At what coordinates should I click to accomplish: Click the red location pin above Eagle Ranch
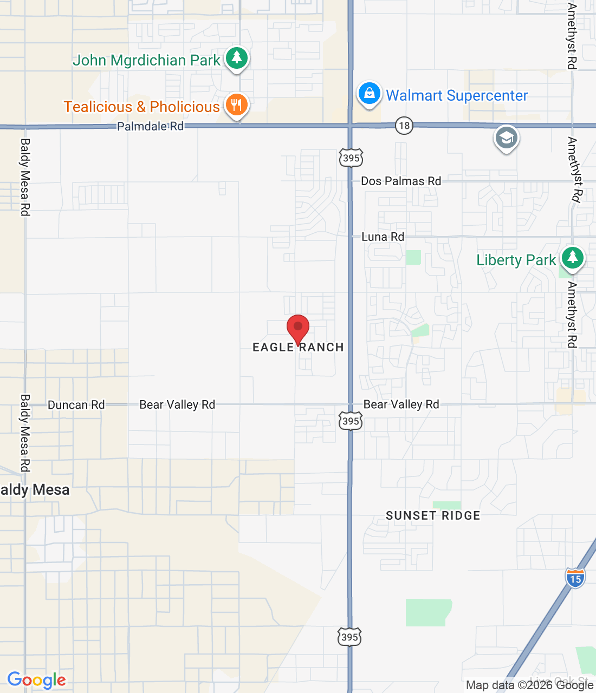click(x=297, y=328)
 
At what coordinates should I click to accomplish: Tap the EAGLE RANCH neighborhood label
click(x=298, y=348)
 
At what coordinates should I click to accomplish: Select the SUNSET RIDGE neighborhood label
click(x=433, y=515)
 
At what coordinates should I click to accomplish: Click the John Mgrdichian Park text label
click(x=146, y=60)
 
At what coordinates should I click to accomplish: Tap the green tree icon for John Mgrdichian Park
click(x=236, y=57)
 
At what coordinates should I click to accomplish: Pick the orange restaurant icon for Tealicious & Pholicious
click(x=236, y=104)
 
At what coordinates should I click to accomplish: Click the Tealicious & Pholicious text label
click(x=141, y=107)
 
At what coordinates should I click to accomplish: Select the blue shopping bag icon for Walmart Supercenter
click(x=369, y=94)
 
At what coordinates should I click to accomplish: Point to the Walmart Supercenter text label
click(x=457, y=96)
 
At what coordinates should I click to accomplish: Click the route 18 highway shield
click(x=404, y=126)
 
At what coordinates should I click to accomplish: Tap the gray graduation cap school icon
click(x=506, y=138)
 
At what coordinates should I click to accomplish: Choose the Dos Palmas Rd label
click(x=401, y=181)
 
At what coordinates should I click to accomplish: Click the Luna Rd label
click(x=383, y=237)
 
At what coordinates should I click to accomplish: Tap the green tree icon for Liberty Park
click(x=572, y=258)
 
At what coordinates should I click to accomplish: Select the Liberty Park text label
click(x=516, y=260)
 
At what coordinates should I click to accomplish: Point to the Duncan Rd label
click(x=76, y=405)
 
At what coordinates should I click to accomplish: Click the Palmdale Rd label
click(x=151, y=127)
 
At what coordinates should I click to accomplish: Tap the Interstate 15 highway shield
click(x=575, y=578)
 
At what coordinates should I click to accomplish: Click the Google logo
click(x=36, y=680)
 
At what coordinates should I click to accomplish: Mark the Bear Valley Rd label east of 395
click(x=401, y=404)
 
